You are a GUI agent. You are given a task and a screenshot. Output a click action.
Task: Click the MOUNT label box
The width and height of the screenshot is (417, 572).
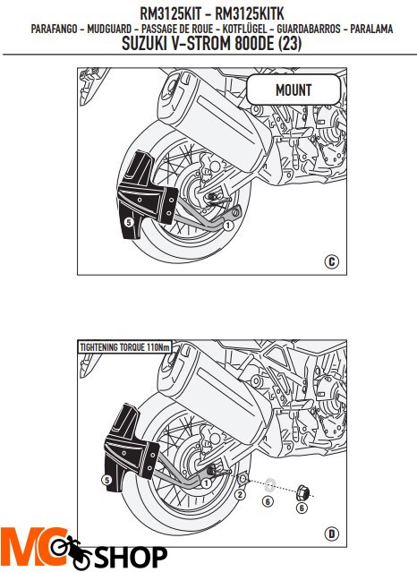(294, 90)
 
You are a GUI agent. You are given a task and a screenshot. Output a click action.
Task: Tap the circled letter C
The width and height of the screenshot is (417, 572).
(331, 261)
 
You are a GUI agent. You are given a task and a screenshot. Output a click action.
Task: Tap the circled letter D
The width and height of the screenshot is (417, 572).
(332, 534)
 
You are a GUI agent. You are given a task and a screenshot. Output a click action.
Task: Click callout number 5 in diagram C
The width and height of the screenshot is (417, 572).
(129, 221)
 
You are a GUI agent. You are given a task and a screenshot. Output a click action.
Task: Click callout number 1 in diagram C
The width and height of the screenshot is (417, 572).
(228, 226)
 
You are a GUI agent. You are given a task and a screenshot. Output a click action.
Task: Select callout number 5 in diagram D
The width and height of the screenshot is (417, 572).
(106, 479)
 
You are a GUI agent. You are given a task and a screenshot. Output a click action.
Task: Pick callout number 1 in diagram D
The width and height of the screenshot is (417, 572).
(207, 483)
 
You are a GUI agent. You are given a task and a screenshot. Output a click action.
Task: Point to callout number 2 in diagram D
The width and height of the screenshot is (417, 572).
(239, 495)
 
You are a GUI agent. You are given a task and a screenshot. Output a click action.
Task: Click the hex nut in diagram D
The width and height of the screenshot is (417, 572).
(303, 492)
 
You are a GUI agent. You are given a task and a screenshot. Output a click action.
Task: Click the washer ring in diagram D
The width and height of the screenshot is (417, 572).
(270, 484)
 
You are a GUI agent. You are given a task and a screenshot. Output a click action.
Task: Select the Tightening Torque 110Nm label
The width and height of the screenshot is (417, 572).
(124, 347)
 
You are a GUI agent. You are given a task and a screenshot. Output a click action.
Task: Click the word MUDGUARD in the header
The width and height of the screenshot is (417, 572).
(109, 29)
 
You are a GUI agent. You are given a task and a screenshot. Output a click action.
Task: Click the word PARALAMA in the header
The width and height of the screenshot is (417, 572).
(371, 29)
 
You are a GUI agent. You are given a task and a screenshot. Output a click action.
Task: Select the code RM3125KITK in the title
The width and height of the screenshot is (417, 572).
(250, 13)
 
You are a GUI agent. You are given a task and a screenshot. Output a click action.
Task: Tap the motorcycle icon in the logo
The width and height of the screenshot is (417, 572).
(71, 551)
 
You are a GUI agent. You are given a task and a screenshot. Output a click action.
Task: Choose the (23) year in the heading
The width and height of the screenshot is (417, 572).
(290, 44)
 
